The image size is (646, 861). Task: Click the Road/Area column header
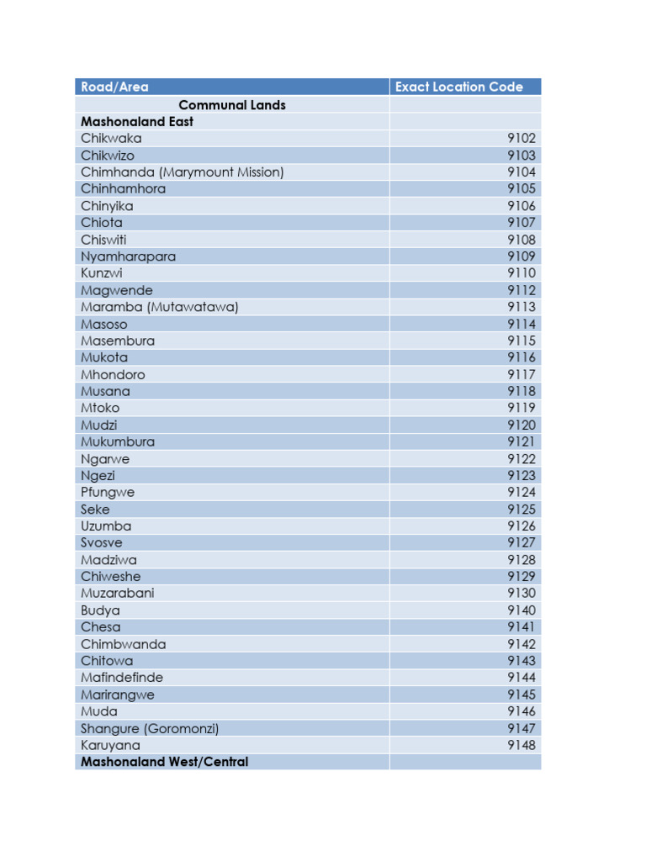click(114, 87)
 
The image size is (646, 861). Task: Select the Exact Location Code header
click(458, 87)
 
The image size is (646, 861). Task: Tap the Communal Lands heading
click(232, 105)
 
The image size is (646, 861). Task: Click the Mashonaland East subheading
click(137, 121)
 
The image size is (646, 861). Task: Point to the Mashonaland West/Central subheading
click(164, 762)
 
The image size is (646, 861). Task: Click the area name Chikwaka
click(111, 138)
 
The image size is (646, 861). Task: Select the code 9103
click(521, 156)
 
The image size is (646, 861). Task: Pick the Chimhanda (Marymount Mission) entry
click(182, 172)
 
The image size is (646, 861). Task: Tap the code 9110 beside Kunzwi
click(521, 273)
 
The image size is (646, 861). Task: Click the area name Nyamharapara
click(128, 256)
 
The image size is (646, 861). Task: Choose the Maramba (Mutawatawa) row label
click(159, 307)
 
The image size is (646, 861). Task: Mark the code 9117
click(521, 374)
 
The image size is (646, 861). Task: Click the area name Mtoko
click(100, 408)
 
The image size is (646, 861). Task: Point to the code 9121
click(521, 441)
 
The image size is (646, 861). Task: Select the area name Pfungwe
click(108, 492)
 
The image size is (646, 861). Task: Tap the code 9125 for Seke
click(521, 510)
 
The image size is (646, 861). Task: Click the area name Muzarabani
click(118, 593)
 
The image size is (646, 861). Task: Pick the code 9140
click(521, 610)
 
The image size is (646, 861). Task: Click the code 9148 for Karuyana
click(521, 745)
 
